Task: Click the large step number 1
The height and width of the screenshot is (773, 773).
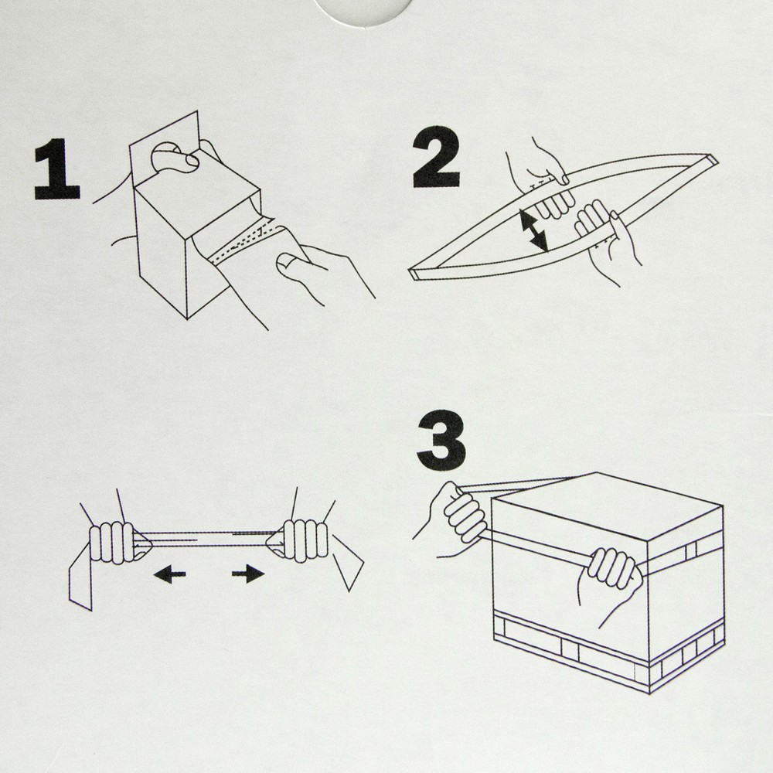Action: (56, 169)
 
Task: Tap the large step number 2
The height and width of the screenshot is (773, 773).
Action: (436, 157)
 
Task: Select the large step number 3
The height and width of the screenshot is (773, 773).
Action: (441, 441)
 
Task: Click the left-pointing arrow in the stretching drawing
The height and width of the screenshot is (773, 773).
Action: (169, 574)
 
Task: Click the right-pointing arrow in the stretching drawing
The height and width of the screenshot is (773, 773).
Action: (248, 574)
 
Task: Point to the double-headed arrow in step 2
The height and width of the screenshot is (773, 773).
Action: (533, 230)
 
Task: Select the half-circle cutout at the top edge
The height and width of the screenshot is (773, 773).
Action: (363, 12)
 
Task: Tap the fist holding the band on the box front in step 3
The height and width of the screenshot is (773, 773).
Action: (611, 574)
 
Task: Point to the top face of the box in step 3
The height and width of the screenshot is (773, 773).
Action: (608, 506)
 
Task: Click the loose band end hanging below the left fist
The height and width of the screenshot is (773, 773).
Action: (81, 577)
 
